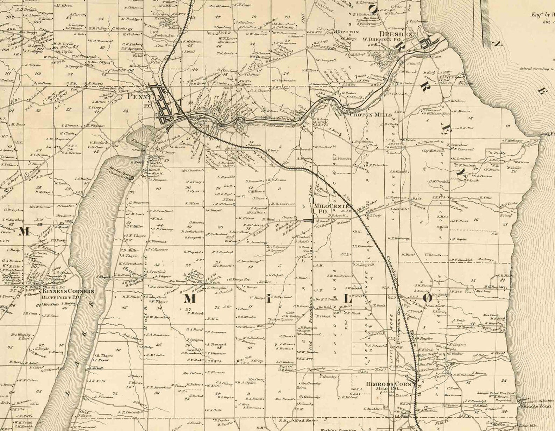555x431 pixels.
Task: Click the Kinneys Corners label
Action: (68, 291)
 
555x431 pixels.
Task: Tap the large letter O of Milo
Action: (428, 298)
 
